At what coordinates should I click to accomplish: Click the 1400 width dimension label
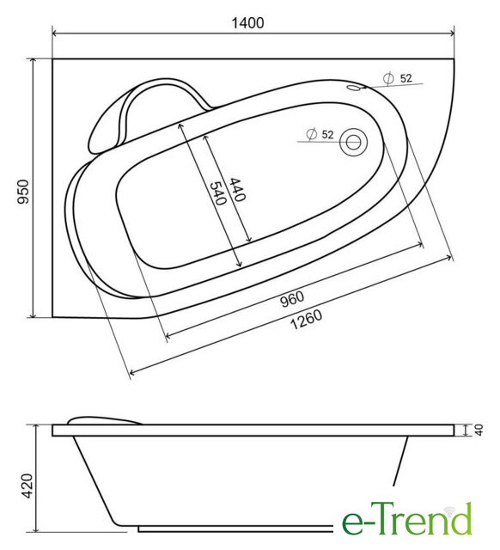247,23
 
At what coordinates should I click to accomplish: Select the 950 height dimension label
23,192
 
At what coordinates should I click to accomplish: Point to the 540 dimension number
217,192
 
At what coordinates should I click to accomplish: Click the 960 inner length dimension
292,299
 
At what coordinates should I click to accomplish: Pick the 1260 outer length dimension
306,320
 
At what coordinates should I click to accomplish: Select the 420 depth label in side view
27,486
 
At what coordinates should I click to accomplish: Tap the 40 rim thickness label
479,430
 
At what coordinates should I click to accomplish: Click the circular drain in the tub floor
353,142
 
